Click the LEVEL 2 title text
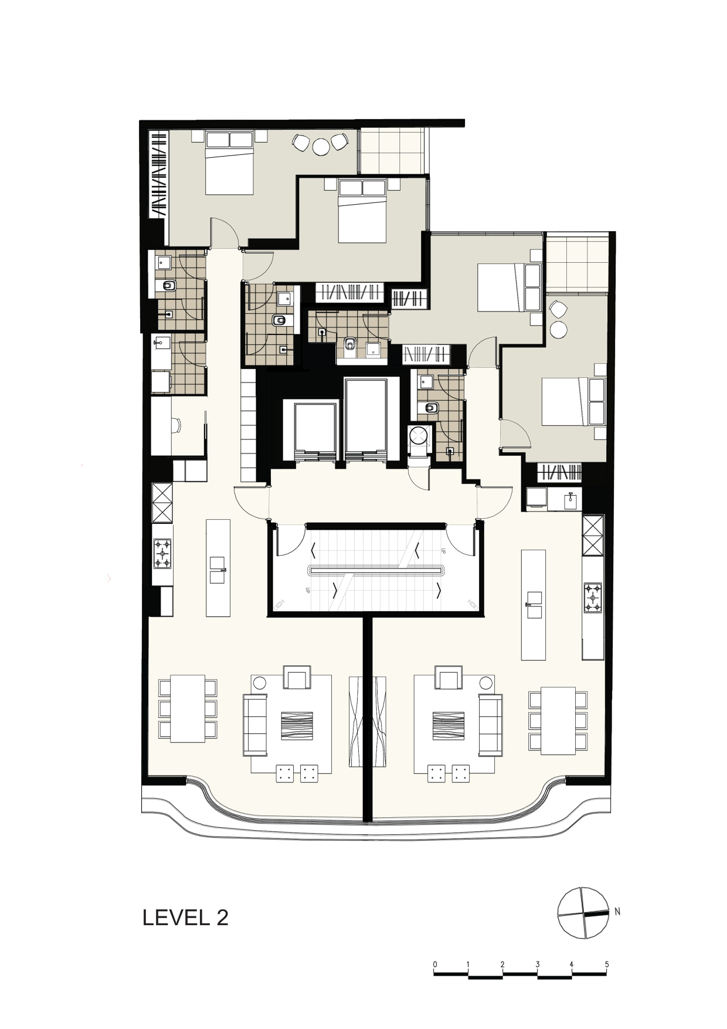click(185, 918)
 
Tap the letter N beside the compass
click(617, 912)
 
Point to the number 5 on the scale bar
click(607, 964)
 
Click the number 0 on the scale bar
click(435, 964)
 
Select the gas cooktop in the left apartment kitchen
click(162, 554)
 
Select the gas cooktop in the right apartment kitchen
click(593, 598)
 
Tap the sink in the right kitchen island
click(534, 605)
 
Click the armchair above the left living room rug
click(297, 677)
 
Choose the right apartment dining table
click(558, 720)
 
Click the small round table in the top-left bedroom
click(321, 147)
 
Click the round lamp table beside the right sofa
click(485, 683)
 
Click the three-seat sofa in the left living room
click(255, 725)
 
